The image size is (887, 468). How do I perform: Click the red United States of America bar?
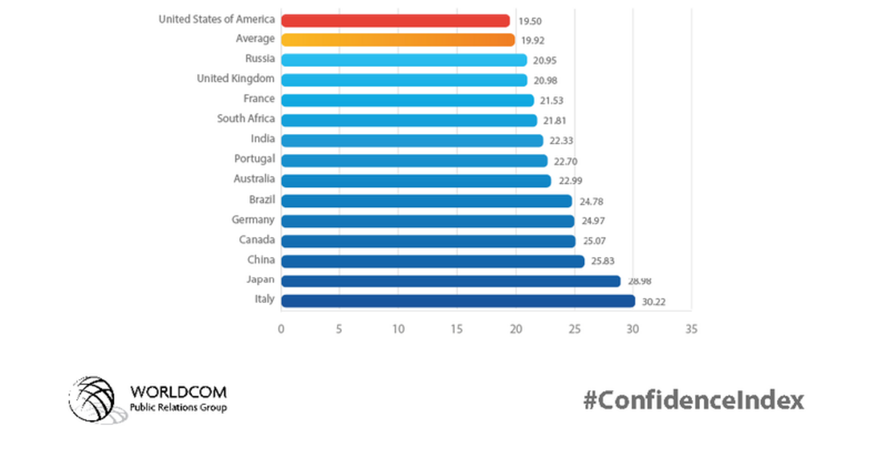pyautogui.click(x=395, y=20)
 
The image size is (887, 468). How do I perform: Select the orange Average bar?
pyautogui.click(x=398, y=40)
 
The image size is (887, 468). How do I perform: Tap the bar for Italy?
pyautogui.click(x=458, y=301)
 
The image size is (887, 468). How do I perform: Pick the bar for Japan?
pyautogui.click(x=450, y=281)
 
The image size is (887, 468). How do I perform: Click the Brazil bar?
pyautogui.click(x=426, y=201)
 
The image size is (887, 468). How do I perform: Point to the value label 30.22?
pyautogui.click(x=653, y=302)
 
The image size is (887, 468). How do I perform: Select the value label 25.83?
pyautogui.click(x=601, y=261)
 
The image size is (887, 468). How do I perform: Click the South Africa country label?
pyautogui.click(x=245, y=119)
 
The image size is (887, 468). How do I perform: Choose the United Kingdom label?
pyautogui.click(x=236, y=78)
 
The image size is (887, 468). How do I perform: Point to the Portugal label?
pyautogui.click(x=254, y=159)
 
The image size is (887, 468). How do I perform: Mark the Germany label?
pyautogui.click(x=253, y=220)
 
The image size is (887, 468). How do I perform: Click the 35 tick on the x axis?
pyautogui.click(x=690, y=329)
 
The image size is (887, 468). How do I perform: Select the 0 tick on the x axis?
pyautogui.click(x=281, y=329)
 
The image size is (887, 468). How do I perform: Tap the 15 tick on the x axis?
pyautogui.click(x=457, y=329)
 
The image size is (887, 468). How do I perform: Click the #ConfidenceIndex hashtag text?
pyautogui.click(x=694, y=400)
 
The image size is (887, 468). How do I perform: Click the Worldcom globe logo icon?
pyautogui.click(x=92, y=399)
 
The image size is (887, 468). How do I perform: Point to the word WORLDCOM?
pyautogui.click(x=178, y=392)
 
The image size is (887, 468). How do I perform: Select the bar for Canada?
pyautogui.click(x=428, y=241)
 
